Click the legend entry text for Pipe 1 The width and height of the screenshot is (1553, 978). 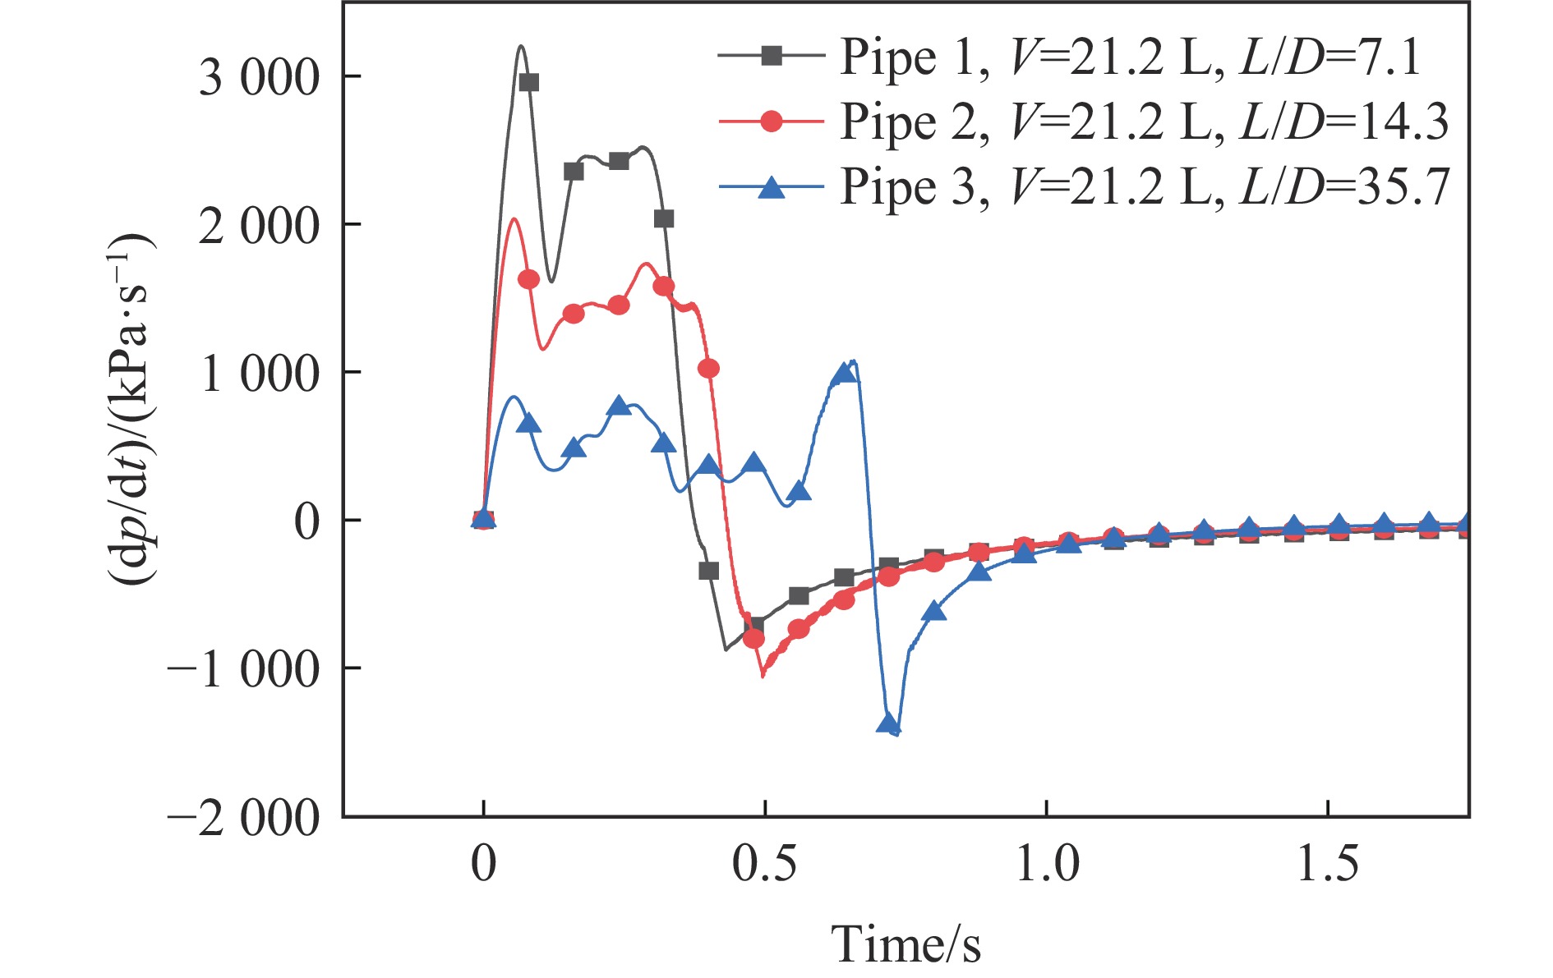coord(1130,57)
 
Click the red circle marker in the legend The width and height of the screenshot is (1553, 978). coord(771,122)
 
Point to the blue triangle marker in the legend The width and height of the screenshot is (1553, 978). coord(771,187)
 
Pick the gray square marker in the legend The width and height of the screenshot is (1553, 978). coord(771,56)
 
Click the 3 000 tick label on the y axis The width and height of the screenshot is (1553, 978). coord(259,79)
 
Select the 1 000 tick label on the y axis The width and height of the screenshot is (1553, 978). coord(259,374)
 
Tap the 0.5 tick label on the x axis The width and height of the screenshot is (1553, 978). coord(764,865)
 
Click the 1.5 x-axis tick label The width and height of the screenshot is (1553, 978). coord(1328,865)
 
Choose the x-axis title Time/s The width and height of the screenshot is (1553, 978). coord(906,944)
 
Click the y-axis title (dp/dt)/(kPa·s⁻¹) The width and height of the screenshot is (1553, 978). coord(131,408)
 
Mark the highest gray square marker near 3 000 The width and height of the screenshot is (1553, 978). coord(528,82)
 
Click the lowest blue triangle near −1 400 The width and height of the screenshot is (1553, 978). coord(888,723)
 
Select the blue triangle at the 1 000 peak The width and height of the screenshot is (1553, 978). coord(844,374)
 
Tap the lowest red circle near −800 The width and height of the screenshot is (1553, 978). coord(753,639)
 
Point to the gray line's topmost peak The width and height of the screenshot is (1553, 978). coord(521,46)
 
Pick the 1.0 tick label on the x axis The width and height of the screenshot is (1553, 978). coord(1047,865)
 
